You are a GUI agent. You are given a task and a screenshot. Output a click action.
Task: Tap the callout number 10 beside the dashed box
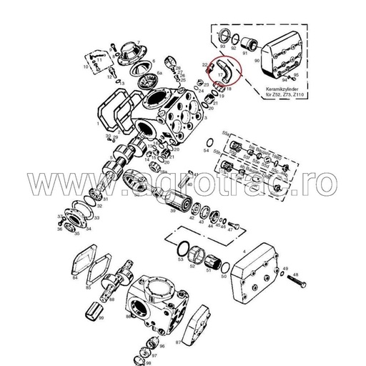point(85,66)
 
